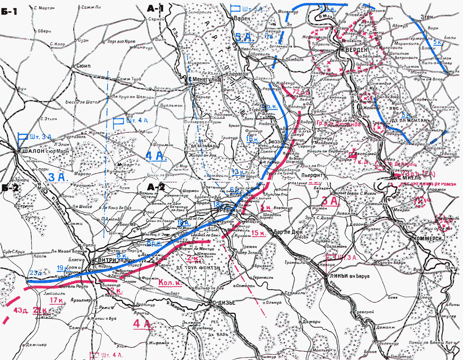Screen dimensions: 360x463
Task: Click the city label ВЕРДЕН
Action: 357,49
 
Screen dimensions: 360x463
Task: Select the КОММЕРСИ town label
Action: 425,239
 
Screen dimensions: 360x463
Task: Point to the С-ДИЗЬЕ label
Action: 225,302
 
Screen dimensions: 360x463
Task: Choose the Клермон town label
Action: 237,74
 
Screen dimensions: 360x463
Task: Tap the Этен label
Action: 428,17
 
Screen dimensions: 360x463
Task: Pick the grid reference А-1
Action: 154,8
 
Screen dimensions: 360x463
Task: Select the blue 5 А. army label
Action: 243,37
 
